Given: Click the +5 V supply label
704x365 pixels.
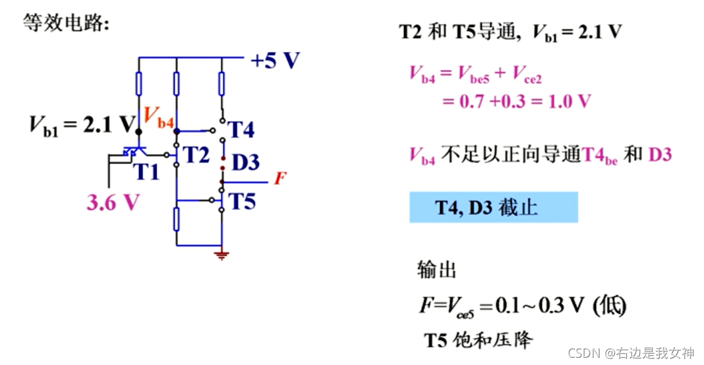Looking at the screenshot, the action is coord(275,61).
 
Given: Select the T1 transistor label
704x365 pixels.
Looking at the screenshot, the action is coord(148,173).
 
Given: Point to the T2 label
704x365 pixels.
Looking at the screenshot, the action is coord(196,155).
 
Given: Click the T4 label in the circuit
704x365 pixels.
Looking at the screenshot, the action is coord(241,130).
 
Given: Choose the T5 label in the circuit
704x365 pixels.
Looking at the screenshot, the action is coord(242,201).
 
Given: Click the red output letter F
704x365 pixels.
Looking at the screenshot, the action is coord(279,179).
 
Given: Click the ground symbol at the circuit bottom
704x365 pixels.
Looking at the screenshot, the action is coord(222,255).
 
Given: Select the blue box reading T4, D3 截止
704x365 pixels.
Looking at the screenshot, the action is coord(493,208).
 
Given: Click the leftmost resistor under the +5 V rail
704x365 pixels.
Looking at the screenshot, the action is coord(138,84).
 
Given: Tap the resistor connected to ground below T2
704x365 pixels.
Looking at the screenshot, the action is coord(177,219).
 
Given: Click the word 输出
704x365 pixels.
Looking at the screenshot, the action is coord(436,269).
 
